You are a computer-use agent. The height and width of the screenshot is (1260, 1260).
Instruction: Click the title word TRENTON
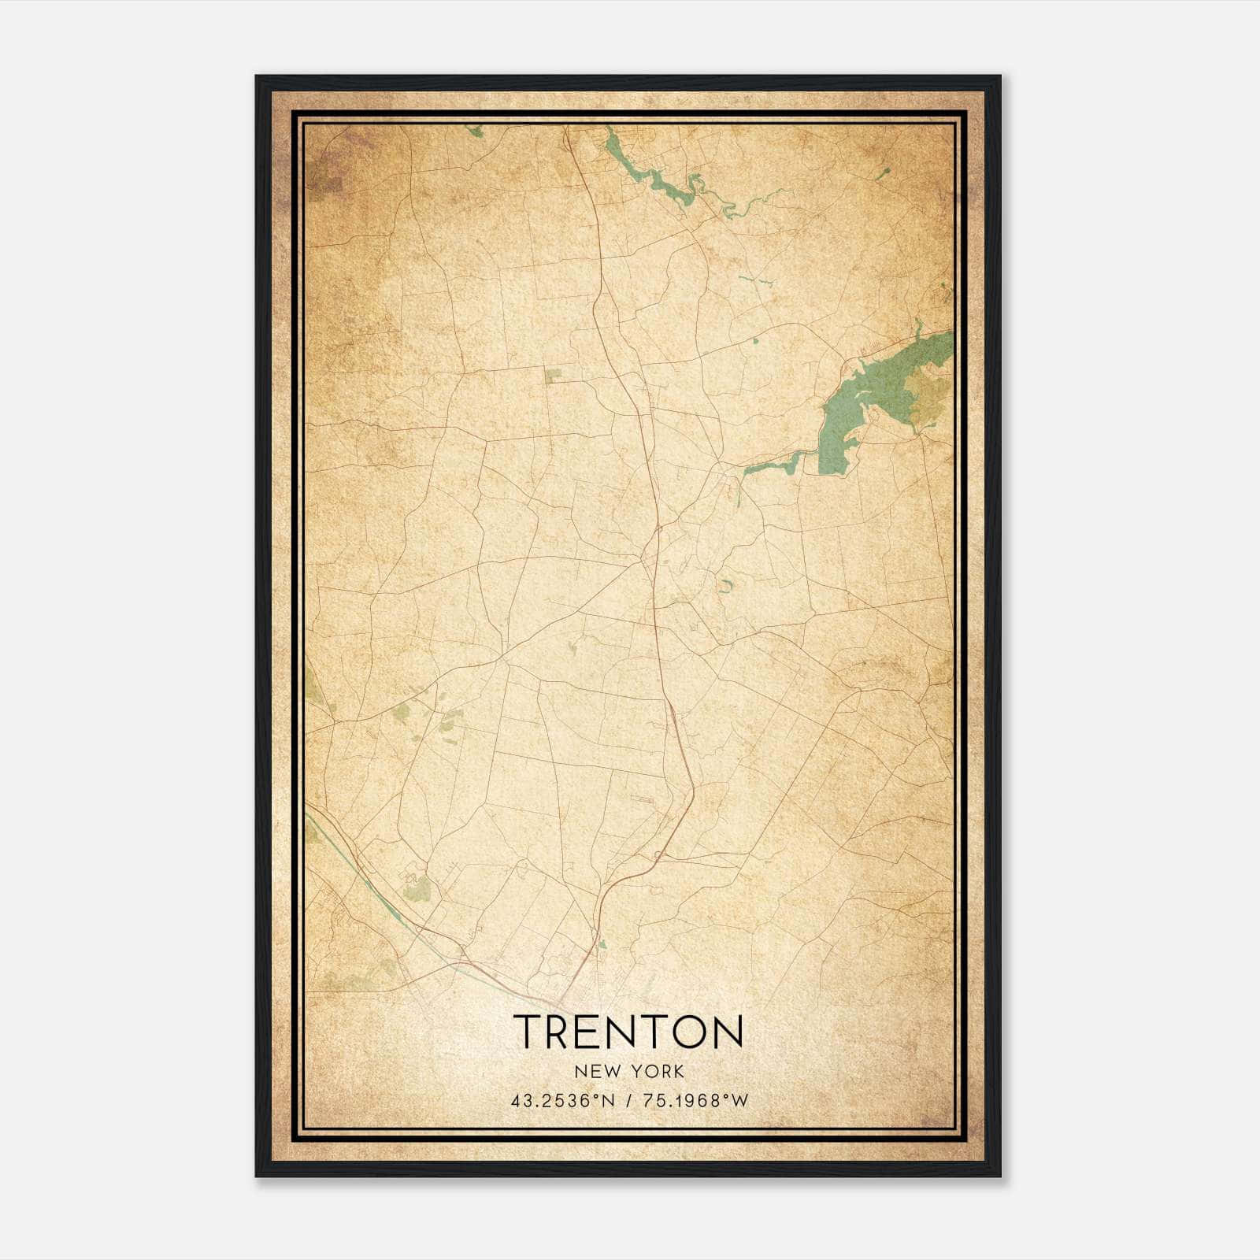tap(628, 1032)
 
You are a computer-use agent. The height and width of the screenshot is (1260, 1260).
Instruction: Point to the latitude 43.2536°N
tap(562, 1102)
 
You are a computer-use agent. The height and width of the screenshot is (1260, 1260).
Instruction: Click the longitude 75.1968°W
tap(695, 1102)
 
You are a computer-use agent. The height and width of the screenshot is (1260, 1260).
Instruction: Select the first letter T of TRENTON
tap(528, 1032)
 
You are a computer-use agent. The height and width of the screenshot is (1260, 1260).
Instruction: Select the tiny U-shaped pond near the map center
tap(724, 586)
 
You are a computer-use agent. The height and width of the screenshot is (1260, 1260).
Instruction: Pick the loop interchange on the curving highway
tap(658, 854)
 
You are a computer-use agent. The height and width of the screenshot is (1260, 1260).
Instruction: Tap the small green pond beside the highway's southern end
tap(602, 943)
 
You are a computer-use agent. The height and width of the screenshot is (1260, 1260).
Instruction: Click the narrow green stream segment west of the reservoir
tap(772, 465)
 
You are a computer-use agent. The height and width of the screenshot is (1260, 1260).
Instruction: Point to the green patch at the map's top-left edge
tap(474, 131)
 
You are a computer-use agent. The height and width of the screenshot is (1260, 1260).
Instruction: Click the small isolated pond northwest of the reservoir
tap(755, 341)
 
